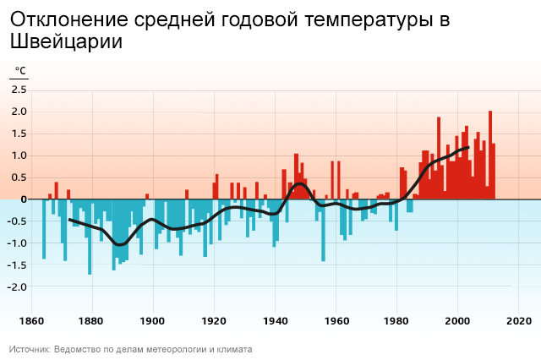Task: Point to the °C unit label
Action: [19, 71]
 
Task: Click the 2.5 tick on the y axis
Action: [19, 90]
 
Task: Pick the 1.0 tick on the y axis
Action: [19, 155]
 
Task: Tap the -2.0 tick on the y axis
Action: [18, 286]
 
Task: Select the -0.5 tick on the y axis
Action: [18, 221]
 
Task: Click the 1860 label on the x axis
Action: [31, 321]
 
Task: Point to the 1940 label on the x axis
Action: [275, 321]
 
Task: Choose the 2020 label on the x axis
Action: [518, 321]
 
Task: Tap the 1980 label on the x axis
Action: [396, 321]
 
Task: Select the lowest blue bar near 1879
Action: [90, 245]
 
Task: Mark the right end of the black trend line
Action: [468, 148]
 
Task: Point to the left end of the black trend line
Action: [70, 219]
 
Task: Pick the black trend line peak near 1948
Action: [299, 183]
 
